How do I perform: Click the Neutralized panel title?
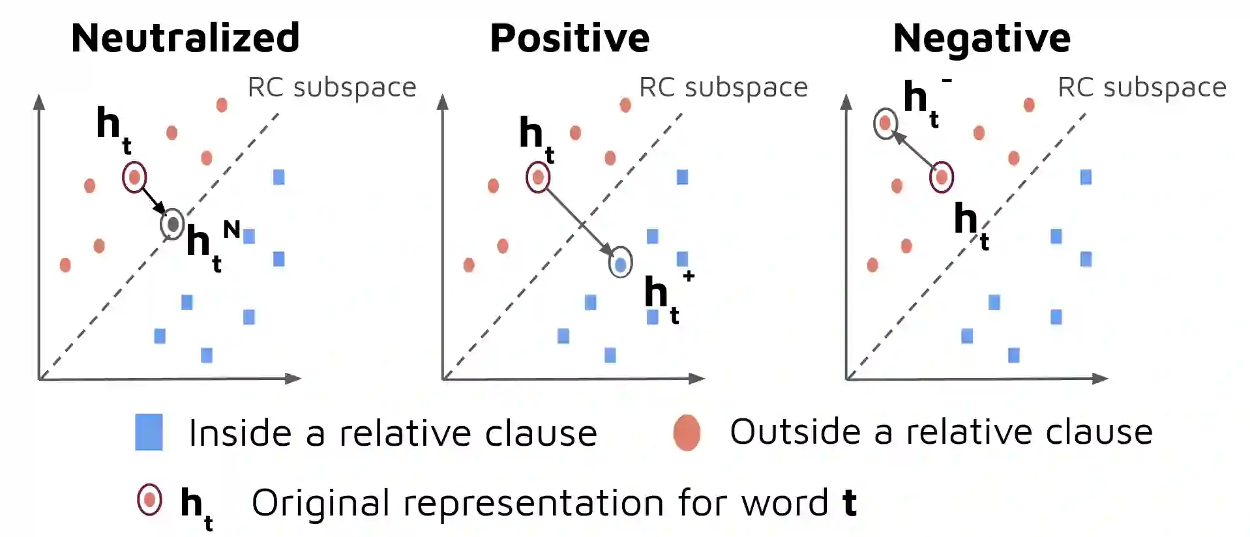pyautogui.click(x=185, y=38)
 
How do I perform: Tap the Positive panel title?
pyautogui.click(x=569, y=38)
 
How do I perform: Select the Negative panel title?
pyautogui.click(x=981, y=38)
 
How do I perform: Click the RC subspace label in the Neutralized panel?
pyautogui.click(x=332, y=87)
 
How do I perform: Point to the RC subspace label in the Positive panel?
pyautogui.click(x=723, y=87)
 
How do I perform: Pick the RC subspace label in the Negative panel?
pyautogui.click(x=1142, y=87)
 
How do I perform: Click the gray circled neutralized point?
pyautogui.click(x=173, y=224)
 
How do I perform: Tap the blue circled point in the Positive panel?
pyautogui.click(x=620, y=263)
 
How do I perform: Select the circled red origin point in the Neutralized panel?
pyautogui.click(x=134, y=177)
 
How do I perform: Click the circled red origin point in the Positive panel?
pyautogui.click(x=538, y=177)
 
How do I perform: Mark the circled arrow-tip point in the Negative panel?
pyautogui.click(x=885, y=123)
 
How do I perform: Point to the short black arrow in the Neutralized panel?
pyautogui.click(x=153, y=200)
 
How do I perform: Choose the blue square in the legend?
pyautogui.click(x=149, y=432)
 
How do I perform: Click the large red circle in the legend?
pyautogui.click(x=687, y=432)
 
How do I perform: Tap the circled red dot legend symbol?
pyautogui.click(x=149, y=501)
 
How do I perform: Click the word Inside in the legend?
pyautogui.click(x=239, y=433)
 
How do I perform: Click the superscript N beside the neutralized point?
pyautogui.click(x=231, y=229)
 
